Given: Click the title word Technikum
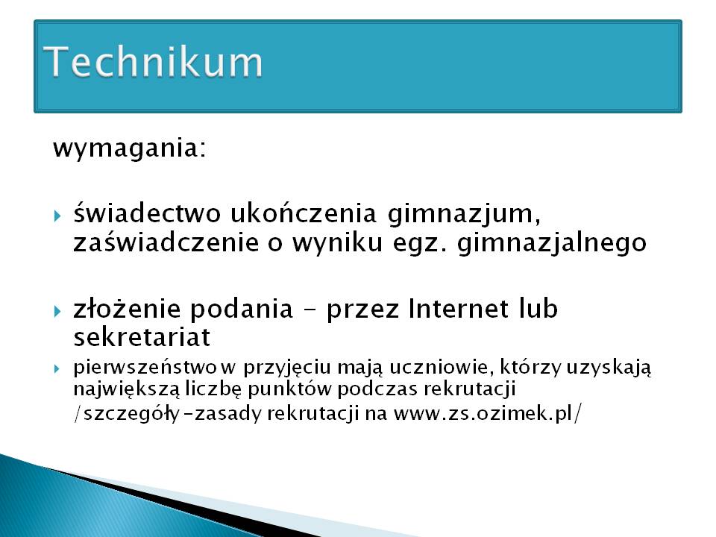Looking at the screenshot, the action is coord(154,61).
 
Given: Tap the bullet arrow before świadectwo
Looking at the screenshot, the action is coord(57,215).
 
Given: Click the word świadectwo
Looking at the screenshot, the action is coord(147,213).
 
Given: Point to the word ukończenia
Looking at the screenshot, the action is coord(304,213).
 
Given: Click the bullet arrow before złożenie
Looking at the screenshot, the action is coord(57,312).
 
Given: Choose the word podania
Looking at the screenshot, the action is coord(241,310).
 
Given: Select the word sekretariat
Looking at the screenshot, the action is coord(142,337).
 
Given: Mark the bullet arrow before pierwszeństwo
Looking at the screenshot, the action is coord(57,368).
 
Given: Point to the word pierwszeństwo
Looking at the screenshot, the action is coord(145,368).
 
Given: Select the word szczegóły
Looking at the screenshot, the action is coord(131,414).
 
